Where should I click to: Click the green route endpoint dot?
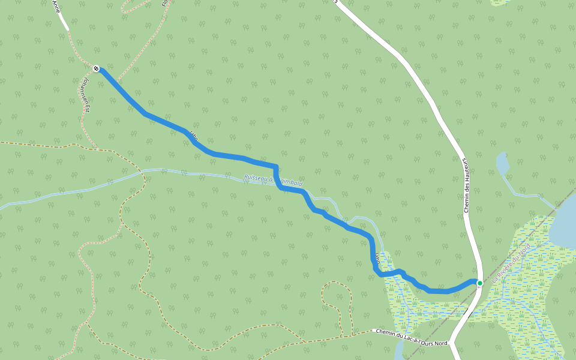click(x=479, y=283)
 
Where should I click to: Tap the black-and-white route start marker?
click(x=96, y=68)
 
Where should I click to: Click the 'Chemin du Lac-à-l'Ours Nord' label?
click(x=412, y=338)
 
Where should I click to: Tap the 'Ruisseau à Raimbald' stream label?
click(x=273, y=181)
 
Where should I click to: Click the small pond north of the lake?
click(x=502, y=163)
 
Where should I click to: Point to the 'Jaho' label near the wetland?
click(x=377, y=259)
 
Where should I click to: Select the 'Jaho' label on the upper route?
click(x=193, y=134)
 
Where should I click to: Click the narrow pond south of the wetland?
click(x=398, y=351)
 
